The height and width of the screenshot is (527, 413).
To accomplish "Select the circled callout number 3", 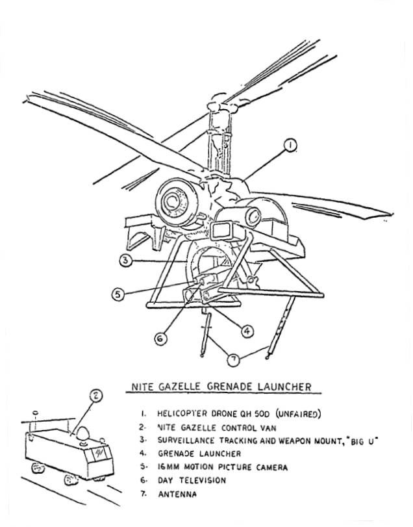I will [x=125, y=261].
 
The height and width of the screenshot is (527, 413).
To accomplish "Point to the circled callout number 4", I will [x=246, y=331].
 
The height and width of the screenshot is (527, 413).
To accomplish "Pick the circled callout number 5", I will [x=118, y=294].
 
